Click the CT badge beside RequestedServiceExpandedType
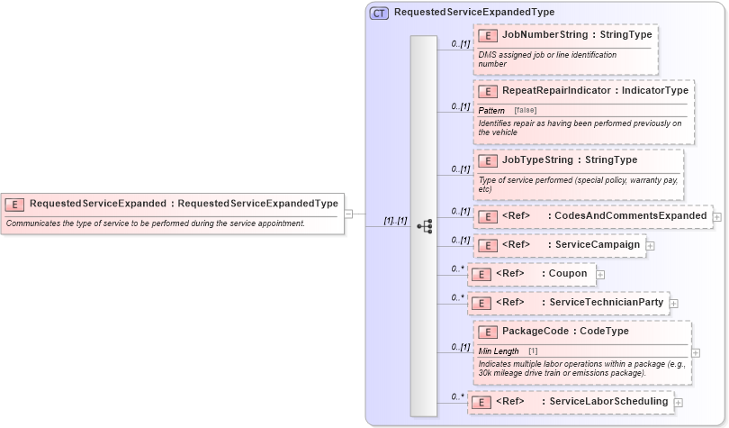(380, 13)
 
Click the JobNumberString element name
(531, 35)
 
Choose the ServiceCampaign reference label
(596, 245)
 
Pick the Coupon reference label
(567, 274)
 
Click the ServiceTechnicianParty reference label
(606, 303)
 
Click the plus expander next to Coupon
(600, 274)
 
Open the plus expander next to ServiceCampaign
(650, 245)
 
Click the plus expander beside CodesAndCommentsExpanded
(716, 216)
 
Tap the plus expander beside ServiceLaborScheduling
(678, 402)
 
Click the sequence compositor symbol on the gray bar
(424, 226)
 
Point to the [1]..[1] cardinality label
(396, 220)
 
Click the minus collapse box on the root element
(347, 214)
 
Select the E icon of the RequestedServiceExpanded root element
(15, 204)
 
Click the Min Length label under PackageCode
(498, 351)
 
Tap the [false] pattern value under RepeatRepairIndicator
(525, 110)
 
